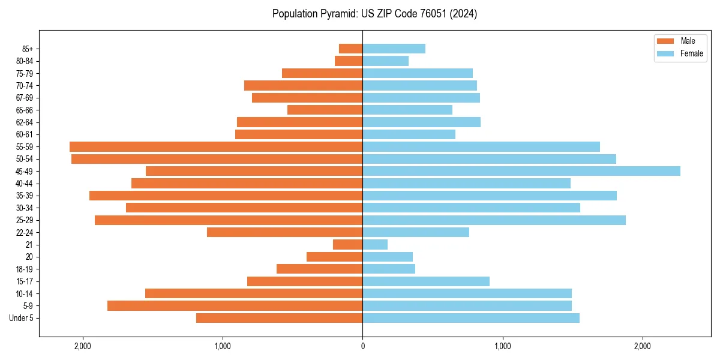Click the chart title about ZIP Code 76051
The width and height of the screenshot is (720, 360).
(374, 14)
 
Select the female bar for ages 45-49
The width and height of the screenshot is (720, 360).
(521, 171)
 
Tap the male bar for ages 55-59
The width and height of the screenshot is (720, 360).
(216, 146)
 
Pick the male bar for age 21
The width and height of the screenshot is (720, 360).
(347, 244)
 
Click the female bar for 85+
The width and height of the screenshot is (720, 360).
(394, 49)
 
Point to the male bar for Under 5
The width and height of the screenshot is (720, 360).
(279, 318)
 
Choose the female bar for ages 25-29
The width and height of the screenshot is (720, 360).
(494, 220)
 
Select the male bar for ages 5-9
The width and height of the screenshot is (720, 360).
(235, 305)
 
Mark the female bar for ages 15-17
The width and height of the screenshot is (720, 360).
(426, 281)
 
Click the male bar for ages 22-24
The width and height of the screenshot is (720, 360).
(284, 232)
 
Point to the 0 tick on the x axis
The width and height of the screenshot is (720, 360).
(362, 346)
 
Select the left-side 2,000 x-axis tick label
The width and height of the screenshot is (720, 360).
(82, 346)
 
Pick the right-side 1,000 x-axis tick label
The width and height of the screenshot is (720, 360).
(502, 346)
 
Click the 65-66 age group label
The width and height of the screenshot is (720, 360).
(25, 110)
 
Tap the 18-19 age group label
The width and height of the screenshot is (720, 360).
(25, 269)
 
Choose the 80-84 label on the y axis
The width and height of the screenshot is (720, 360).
(25, 61)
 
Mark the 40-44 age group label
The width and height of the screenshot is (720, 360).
(25, 184)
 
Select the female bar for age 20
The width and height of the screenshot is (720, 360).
(388, 257)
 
